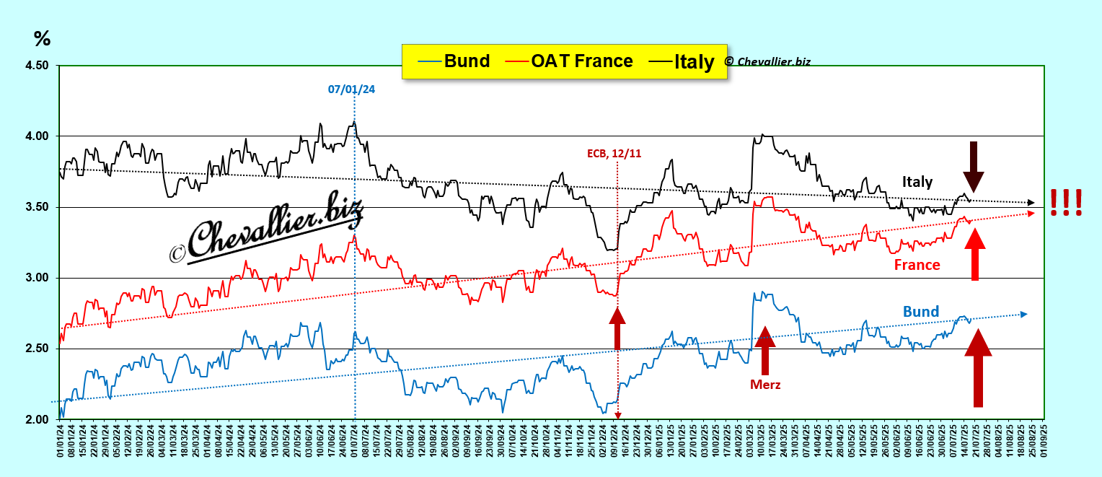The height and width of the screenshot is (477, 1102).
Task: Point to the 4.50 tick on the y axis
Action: click(x=37, y=66)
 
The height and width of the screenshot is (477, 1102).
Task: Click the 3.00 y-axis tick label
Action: click(x=37, y=278)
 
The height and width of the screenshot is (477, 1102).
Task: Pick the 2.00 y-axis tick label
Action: click(x=37, y=419)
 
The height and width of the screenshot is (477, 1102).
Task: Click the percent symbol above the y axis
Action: click(x=42, y=38)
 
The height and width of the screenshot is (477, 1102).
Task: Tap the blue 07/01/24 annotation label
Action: click(x=351, y=89)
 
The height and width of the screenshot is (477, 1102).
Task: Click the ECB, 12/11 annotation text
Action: click(x=613, y=153)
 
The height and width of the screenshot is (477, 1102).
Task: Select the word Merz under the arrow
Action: click(x=765, y=385)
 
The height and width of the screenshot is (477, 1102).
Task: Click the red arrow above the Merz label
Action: click(x=764, y=350)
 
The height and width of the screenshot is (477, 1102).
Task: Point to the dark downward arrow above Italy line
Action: click(x=974, y=166)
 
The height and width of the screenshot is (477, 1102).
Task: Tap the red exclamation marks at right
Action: click(x=1065, y=202)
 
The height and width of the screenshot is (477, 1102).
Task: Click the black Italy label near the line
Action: click(x=917, y=182)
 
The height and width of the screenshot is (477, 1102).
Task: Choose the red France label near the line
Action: click(x=917, y=265)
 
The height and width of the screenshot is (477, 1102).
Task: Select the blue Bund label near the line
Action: click(x=921, y=312)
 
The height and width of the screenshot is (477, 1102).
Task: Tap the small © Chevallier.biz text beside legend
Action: click(x=767, y=61)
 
